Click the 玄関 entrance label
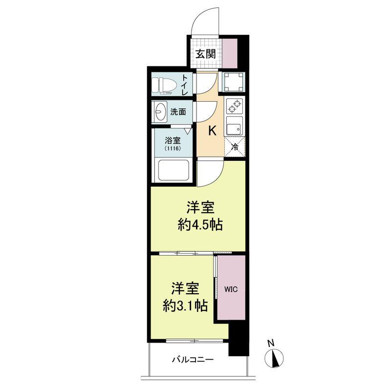click(205, 54)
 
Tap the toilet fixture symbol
click(162, 86)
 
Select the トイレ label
click(185, 85)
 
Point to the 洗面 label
click(178, 112)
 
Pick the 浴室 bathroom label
click(173, 140)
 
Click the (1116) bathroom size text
click(173, 149)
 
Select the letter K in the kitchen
click(212, 130)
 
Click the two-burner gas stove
click(235, 106)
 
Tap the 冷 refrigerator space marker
click(235, 147)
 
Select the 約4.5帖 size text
click(200, 225)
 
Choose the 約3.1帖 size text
click(185, 305)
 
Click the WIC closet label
click(231, 289)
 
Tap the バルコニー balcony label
click(193, 360)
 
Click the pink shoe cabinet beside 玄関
click(230, 53)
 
